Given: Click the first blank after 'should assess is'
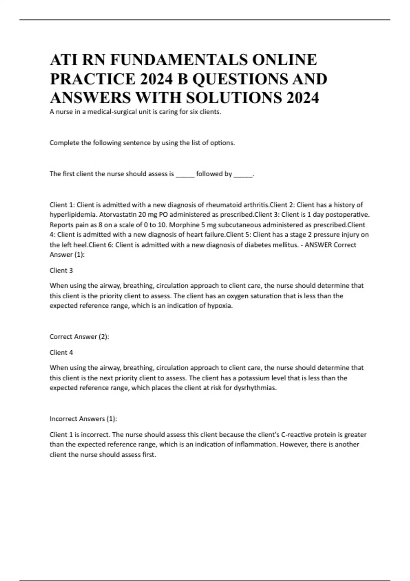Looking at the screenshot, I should point(185,174).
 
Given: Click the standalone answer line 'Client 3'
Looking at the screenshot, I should point(61,270).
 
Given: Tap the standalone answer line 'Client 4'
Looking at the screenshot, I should point(61,352).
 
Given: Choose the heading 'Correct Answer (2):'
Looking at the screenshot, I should point(79,337).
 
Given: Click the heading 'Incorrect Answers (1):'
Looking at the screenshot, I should point(83,419).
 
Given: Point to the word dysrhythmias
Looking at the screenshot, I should point(255,388).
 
